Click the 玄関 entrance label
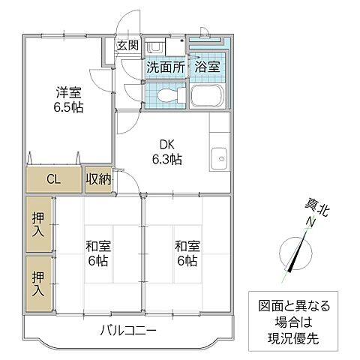tap(126, 45)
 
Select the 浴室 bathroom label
tap(206, 67)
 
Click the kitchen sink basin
tap(220, 157)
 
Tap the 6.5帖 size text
tap(68, 107)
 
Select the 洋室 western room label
tap(68, 92)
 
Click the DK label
tap(166, 145)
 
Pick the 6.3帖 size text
tap(166, 159)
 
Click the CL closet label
tap(53, 179)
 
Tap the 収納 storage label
tap(98, 179)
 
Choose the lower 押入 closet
tap(38, 283)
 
